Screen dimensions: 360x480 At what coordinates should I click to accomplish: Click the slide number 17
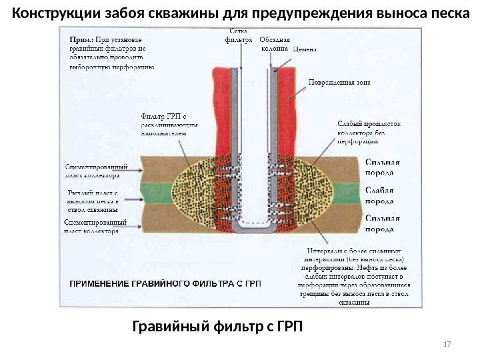click(x=447, y=344)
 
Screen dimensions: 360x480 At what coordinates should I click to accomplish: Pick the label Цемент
click(x=306, y=49)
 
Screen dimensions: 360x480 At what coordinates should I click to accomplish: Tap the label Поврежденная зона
click(x=338, y=83)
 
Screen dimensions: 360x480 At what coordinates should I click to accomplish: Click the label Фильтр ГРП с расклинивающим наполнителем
click(x=167, y=123)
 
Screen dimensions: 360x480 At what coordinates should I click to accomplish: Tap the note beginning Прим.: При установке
click(x=111, y=53)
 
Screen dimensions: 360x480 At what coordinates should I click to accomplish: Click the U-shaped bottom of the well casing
click(x=255, y=227)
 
